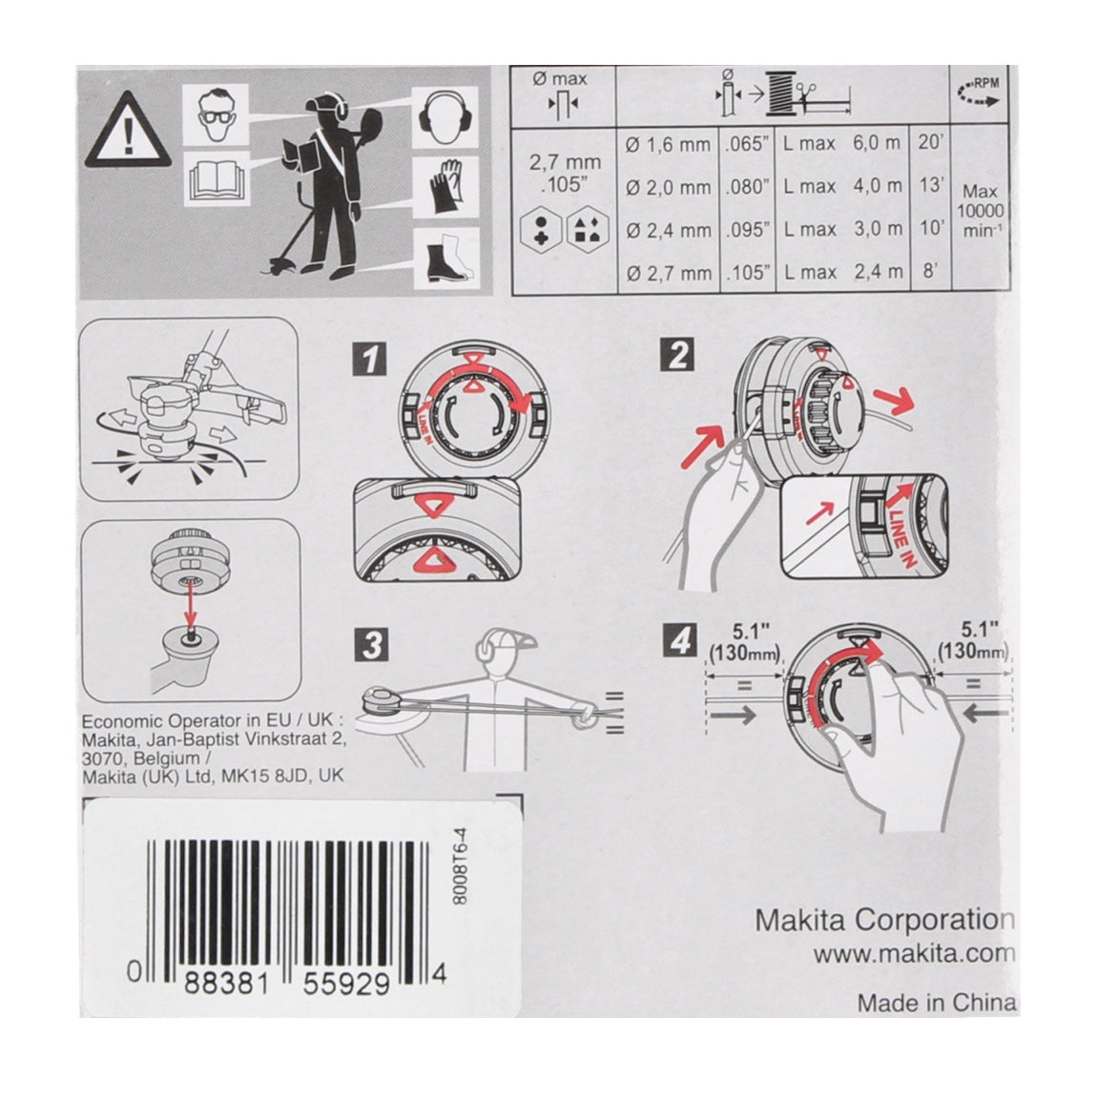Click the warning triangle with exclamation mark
point(127,131)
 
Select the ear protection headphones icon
point(445,116)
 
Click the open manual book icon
point(217,180)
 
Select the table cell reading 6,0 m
point(877,143)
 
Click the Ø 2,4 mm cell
point(669,230)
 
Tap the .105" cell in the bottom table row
point(748,273)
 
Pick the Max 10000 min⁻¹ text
point(980,211)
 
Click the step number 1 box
point(370,359)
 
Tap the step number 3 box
point(371,645)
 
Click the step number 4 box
point(679,640)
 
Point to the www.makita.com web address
point(914,954)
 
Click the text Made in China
point(937,1002)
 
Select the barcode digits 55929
point(345,984)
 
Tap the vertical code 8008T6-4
point(460,865)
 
